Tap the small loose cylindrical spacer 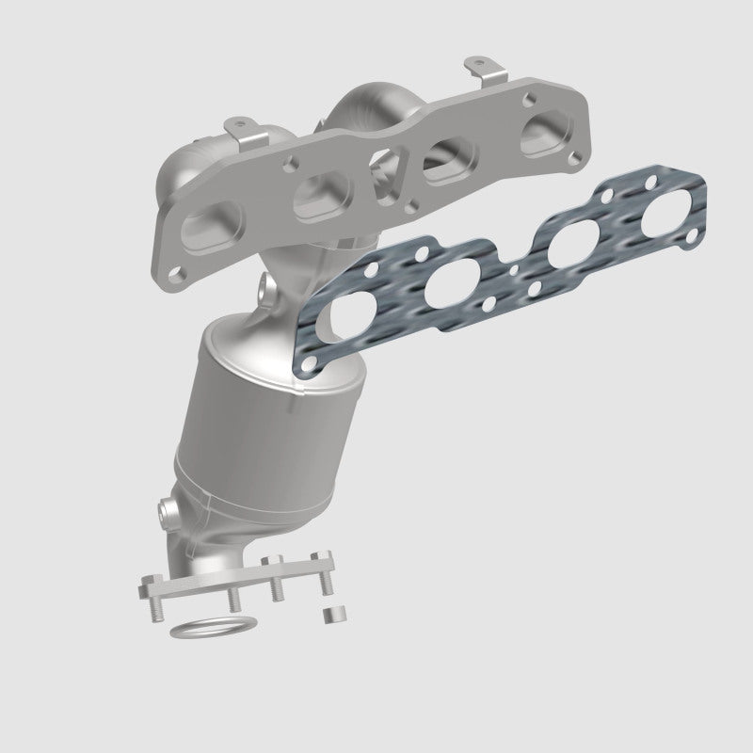330,616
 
